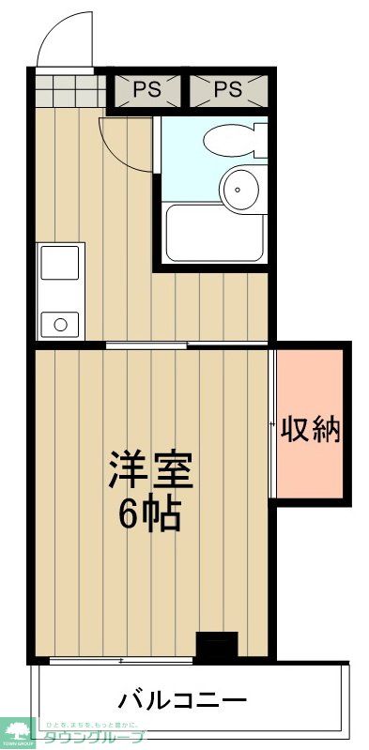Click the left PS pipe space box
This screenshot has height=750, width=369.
tap(146, 90)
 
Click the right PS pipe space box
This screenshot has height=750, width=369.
tap(228, 90)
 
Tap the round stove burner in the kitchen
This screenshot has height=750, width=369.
tap(61, 325)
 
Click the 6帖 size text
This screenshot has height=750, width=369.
tap(149, 513)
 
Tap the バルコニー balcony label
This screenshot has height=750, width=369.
tap(182, 700)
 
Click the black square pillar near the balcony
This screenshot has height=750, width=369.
tap(217, 647)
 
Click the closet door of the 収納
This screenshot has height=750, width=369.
tap(272, 422)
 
